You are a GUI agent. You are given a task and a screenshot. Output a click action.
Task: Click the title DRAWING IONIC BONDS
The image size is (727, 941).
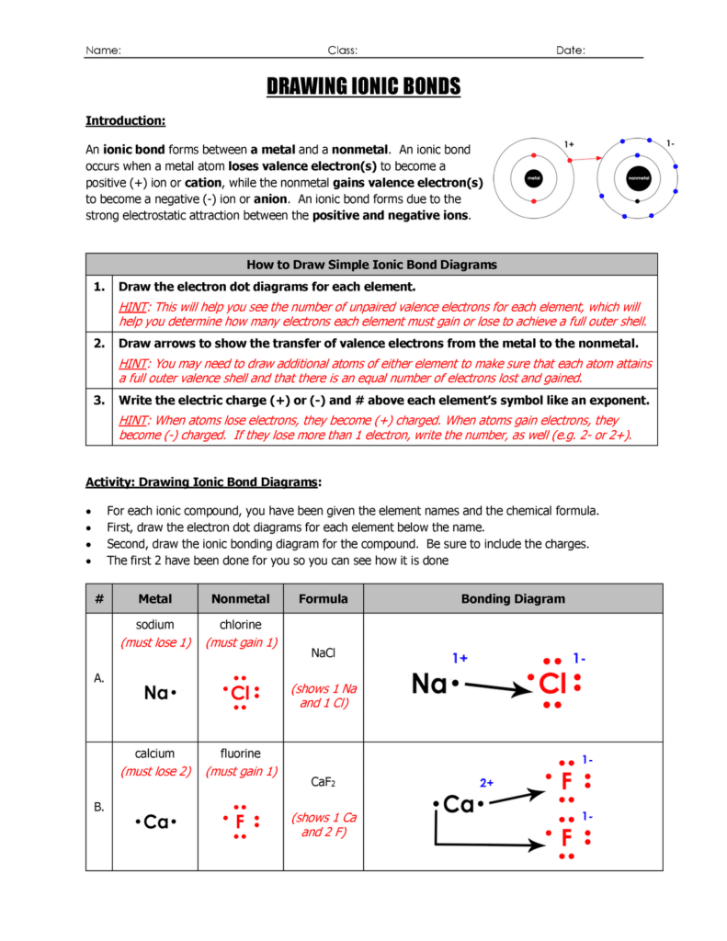[363, 87]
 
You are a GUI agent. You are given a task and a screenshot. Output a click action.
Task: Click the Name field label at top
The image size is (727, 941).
[103, 51]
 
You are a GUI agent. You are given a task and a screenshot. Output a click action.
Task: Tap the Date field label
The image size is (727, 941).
[571, 51]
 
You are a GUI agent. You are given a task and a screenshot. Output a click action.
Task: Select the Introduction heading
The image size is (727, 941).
[125, 120]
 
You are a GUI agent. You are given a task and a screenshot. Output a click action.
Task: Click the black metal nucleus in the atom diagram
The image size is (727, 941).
[532, 177]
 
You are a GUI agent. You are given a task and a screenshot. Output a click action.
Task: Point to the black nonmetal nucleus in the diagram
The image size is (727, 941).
[637, 177]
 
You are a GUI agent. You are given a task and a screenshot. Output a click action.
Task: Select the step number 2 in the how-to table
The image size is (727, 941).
[98, 343]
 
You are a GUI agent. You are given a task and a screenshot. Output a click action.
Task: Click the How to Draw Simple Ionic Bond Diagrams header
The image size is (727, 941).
[371, 265]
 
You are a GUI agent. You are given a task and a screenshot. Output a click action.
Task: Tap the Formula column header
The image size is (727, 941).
[323, 599]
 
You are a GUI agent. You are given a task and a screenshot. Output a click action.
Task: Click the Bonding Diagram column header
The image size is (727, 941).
[512, 599]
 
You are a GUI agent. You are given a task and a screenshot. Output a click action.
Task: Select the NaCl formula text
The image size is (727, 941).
[324, 652]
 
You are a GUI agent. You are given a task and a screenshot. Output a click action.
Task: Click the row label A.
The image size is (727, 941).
[98, 677]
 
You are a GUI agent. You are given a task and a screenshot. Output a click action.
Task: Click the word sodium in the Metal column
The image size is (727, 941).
[154, 625]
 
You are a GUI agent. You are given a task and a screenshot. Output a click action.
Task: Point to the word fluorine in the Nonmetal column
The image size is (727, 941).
[240, 754]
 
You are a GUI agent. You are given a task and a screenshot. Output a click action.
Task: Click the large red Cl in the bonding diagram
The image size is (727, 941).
[552, 684]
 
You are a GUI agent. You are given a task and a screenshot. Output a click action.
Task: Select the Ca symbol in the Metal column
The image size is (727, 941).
[155, 822]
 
